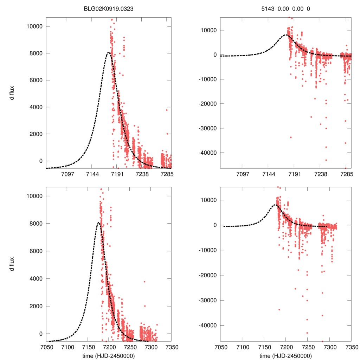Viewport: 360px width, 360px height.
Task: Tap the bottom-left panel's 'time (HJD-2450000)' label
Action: [109, 356]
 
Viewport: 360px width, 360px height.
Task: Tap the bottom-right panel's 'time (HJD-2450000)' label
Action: [285, 356]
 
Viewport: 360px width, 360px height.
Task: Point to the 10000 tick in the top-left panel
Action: [35, 26]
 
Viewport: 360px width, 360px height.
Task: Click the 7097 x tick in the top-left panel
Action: [67, 174]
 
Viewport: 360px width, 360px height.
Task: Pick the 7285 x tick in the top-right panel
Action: [347, 174]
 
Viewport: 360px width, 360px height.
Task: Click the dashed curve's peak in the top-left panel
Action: [108, 53]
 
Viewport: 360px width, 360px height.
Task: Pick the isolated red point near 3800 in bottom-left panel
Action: [144, 282]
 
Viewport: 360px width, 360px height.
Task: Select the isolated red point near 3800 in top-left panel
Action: [167, 110]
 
